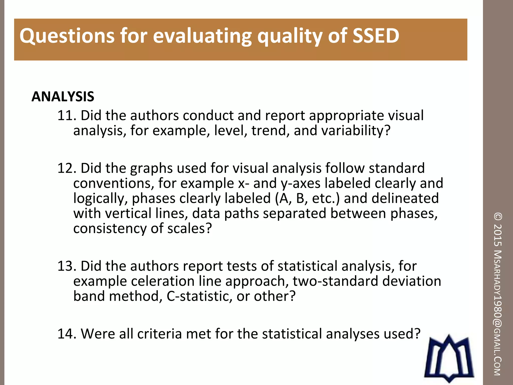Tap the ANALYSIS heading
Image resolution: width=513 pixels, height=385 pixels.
point(63,97)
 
